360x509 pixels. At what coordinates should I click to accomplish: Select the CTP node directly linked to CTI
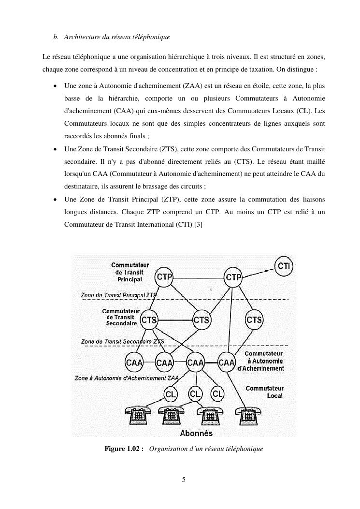point(233,277)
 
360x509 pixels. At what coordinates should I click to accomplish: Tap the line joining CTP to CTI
point(259,271)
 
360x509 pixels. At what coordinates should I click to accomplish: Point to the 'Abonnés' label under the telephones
point(196,433)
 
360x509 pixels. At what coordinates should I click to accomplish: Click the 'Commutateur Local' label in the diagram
point(265,392)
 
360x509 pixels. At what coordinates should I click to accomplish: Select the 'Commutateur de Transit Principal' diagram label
point(130,272)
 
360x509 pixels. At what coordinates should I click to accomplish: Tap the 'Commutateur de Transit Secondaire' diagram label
point(121,317)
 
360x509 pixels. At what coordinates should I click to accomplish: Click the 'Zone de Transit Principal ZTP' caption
point(118,294)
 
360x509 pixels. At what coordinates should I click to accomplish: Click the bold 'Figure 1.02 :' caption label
point(124,449)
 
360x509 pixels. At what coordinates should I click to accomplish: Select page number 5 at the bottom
point(184,480)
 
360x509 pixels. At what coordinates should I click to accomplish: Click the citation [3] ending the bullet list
point(198,224)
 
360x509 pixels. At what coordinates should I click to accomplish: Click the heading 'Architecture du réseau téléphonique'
point(116,37)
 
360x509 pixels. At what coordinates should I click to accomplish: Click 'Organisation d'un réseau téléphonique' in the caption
point(206,449)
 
